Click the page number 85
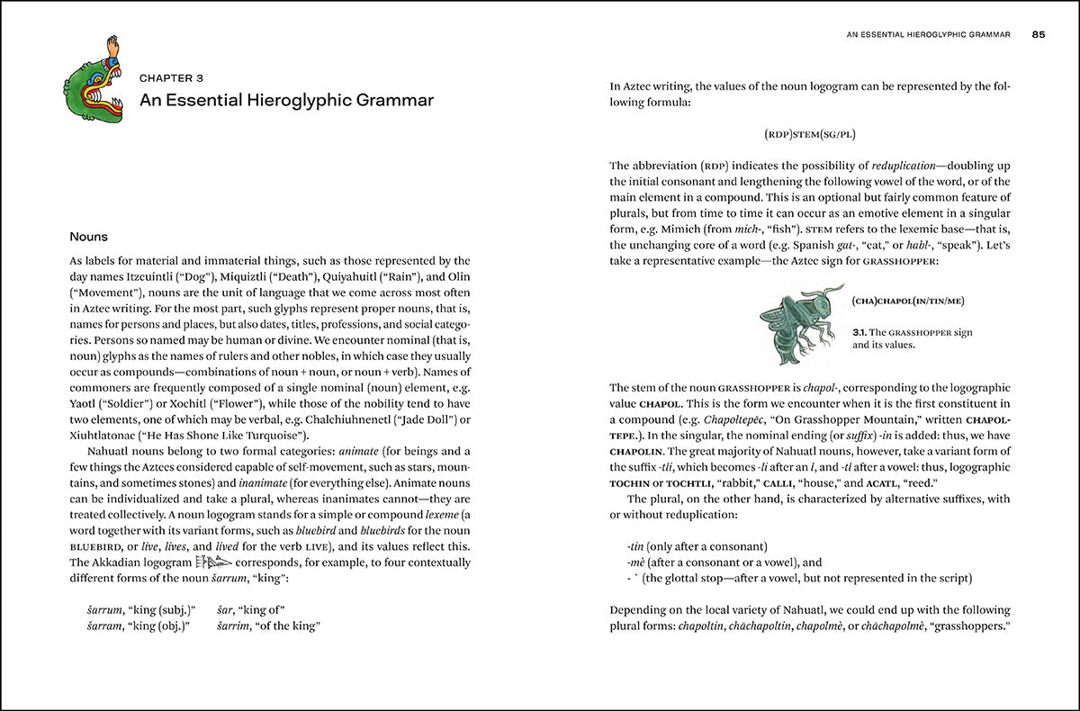tap(1038, 36)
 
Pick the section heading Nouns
tap(89, 238)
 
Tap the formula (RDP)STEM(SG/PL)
tap(810, 135)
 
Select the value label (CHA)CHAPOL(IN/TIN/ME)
tap(911, 300)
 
